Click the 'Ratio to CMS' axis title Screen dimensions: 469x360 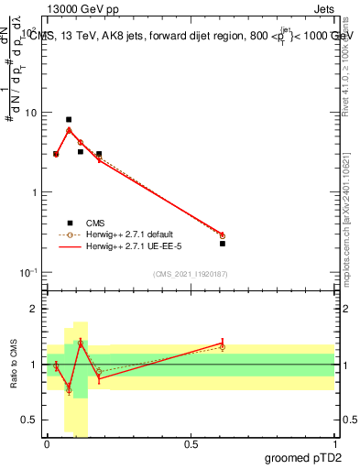point(13,365)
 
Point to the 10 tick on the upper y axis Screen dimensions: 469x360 point(32,113)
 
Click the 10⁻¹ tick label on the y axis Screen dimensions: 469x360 point(30,272)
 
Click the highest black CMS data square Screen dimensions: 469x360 point(69,119)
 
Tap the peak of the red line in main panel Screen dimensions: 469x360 point(69,129)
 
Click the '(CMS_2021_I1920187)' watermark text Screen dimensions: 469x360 point(191,274)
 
